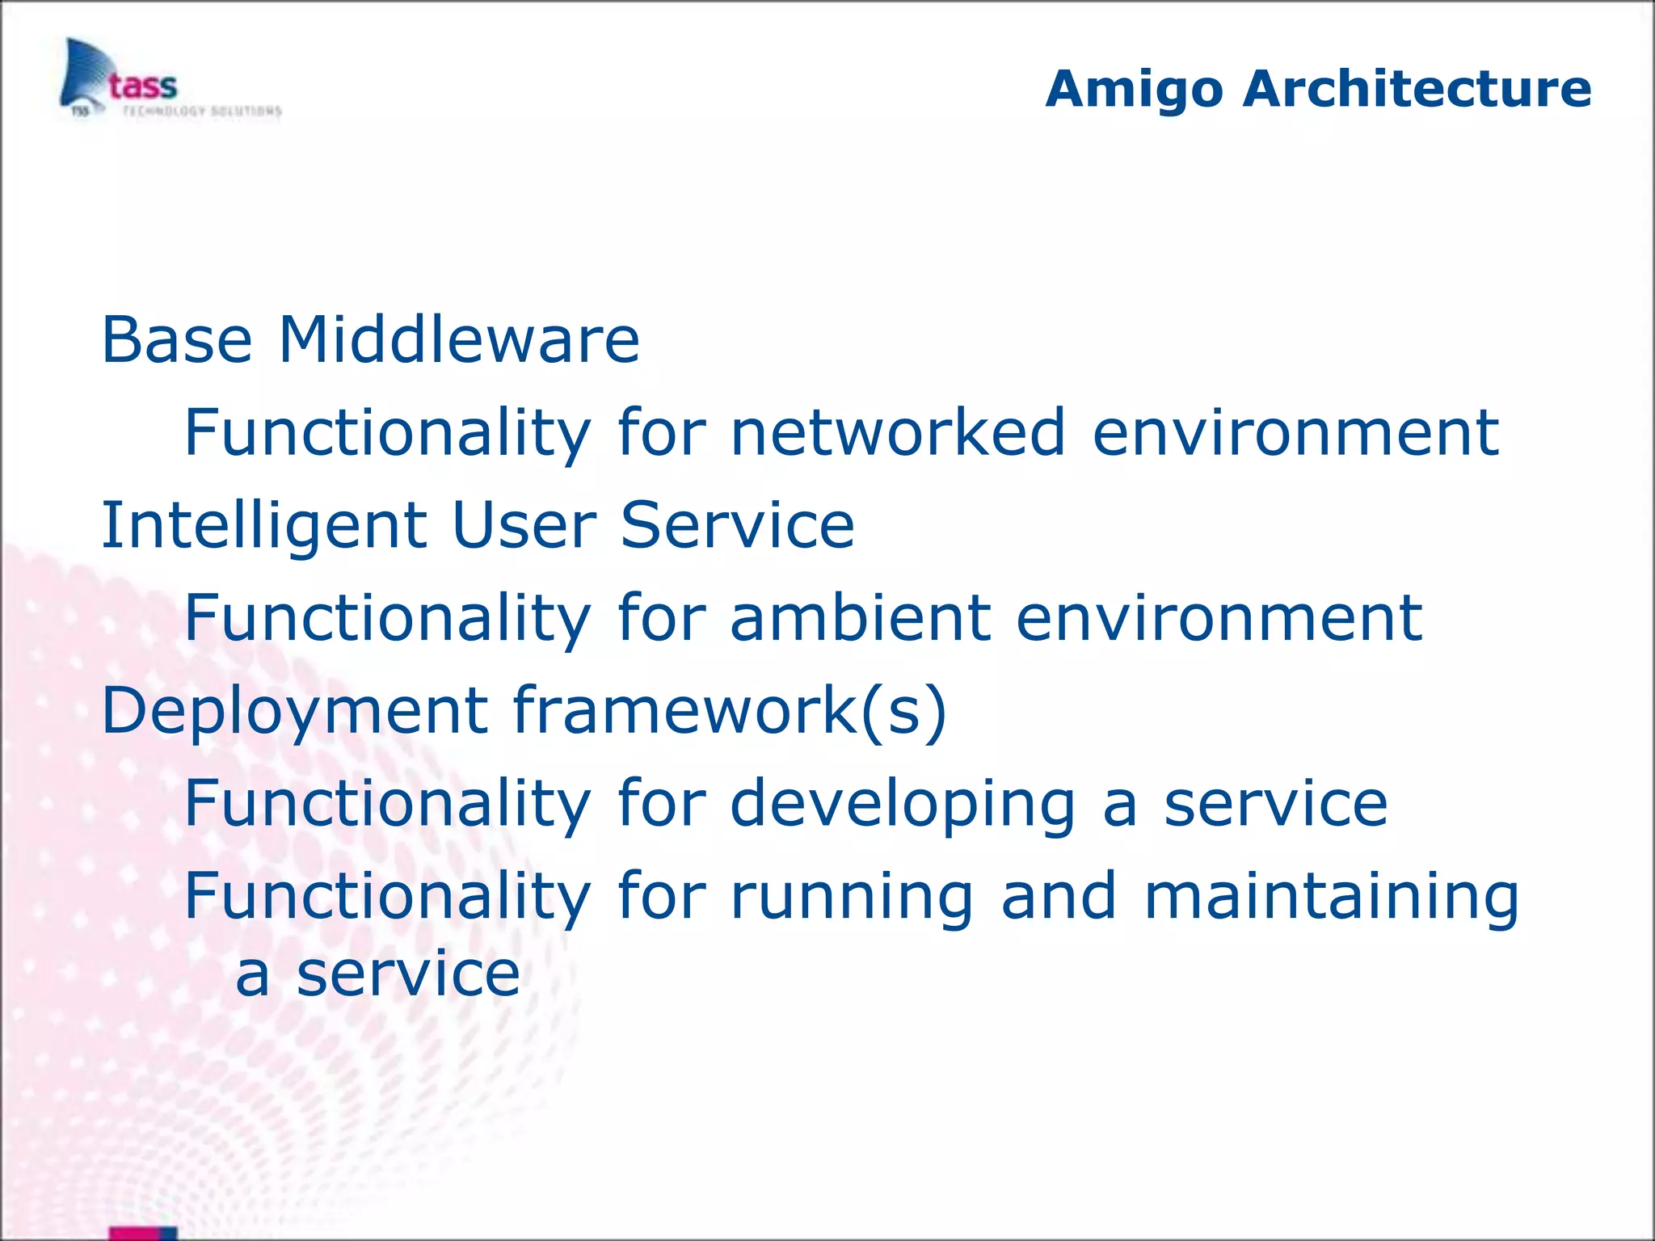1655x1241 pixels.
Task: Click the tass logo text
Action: tap(143, 86)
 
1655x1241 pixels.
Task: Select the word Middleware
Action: tap(459, 340)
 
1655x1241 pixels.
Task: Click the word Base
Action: tap(177, 340)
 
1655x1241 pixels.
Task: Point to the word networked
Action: tap(898, 433)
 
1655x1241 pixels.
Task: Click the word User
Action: tap(524, 526)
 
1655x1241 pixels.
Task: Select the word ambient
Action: tap(860, 618)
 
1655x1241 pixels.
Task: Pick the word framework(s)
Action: tap(730, 711)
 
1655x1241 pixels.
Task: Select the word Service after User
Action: tap(737, 526)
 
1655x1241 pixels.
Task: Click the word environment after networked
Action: tap(1295, 433)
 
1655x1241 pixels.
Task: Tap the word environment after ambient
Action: tap(1219, 618)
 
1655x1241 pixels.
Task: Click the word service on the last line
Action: tap(408, 975)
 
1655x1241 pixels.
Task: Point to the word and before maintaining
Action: tap(1059, 897)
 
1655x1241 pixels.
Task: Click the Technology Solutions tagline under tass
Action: tap(202, 111)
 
